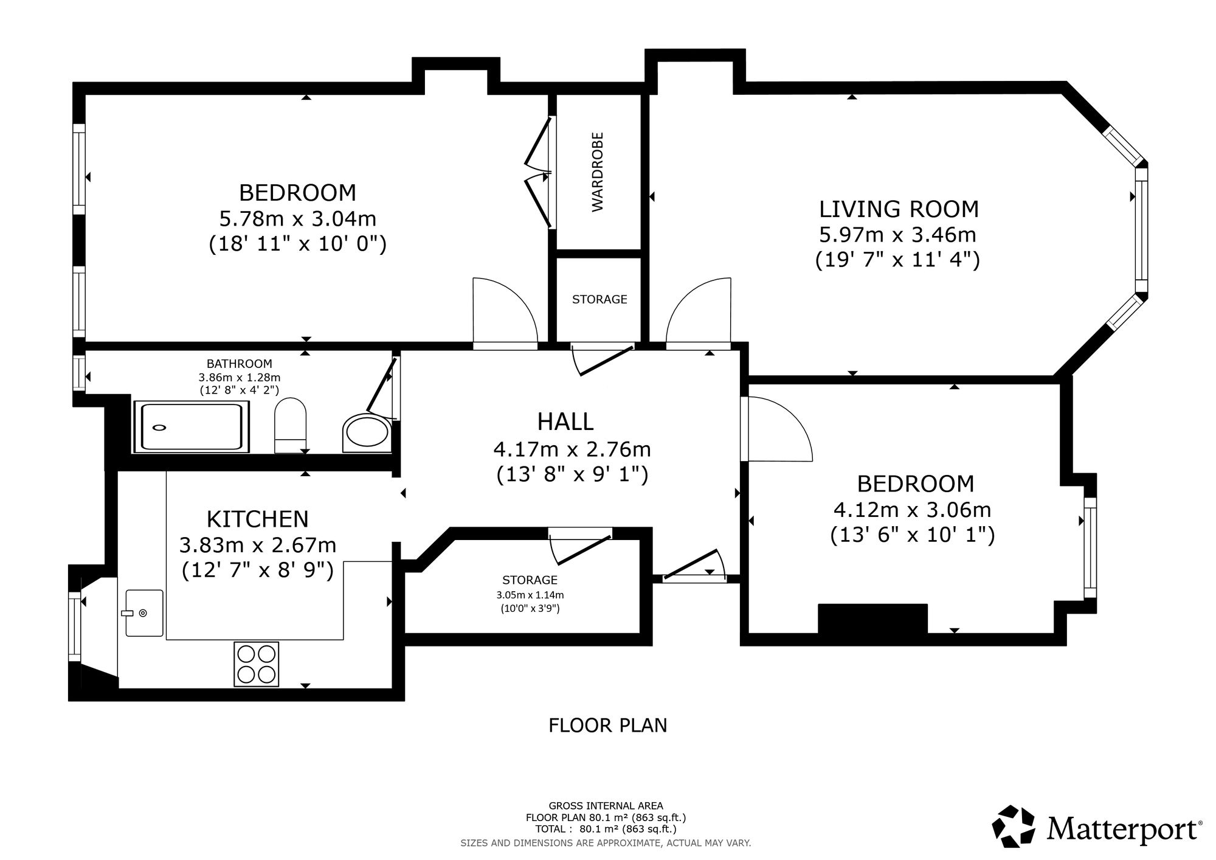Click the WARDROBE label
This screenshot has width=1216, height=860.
(598, 172)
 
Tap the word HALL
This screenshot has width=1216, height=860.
(565, 421)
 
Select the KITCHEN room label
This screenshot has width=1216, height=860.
(258, 519)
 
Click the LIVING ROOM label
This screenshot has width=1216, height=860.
(899, 209)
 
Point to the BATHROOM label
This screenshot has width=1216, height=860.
(240, 364)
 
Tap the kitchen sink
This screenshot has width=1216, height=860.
(144, 612)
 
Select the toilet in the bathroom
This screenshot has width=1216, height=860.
(290, 426)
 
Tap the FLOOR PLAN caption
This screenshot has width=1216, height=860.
(608, 726)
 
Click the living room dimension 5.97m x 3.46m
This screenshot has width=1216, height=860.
(897, 234)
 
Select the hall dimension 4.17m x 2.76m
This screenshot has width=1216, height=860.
(572, 449)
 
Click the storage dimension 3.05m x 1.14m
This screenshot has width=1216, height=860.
(530, 595)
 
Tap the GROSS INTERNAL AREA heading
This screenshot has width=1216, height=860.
(606, 806)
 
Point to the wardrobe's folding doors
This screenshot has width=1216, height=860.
(539, 172)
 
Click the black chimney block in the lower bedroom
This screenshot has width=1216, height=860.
(872, 619)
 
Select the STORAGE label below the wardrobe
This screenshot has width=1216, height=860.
(599, 299)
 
